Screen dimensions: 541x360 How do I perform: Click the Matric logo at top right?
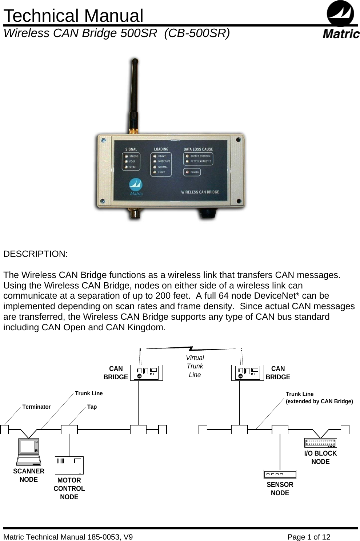click(341, 20)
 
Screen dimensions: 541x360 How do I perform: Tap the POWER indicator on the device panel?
click(192, 172)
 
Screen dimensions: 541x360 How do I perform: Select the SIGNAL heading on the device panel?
click(131, 149)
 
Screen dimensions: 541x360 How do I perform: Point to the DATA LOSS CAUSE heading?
click(198, 149)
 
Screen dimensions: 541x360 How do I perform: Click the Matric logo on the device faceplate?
click(136, 187)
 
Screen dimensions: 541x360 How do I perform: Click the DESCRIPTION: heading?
click(35, 254)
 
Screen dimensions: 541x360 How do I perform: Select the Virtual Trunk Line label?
click(195, 366)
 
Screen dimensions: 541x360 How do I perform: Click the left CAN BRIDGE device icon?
click(147, 373)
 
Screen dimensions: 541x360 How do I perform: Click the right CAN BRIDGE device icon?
click(248, 373)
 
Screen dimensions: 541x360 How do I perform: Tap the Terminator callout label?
click(36, 407)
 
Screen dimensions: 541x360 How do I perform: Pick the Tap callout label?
click(92, 407)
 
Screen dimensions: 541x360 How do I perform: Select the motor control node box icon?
click(69, 465)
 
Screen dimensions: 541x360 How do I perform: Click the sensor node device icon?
click(280, 474)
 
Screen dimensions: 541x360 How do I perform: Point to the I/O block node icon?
click(320, 443)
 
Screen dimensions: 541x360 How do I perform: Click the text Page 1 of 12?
click(309, 537)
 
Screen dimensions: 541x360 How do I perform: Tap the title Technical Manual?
click(73, 16)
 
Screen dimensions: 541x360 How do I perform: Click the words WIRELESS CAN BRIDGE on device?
click(200, 192)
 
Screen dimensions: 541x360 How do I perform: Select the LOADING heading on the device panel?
click(161, 149)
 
